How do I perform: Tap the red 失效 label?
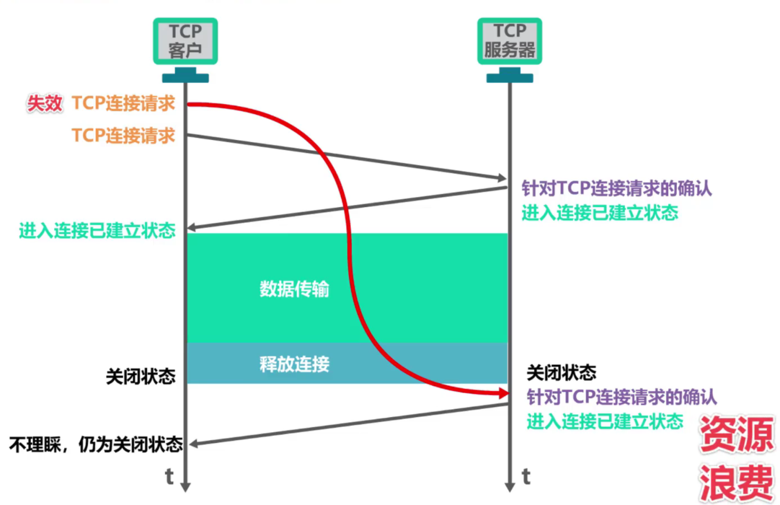(45, 104)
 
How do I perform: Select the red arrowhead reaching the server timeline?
(504, 394)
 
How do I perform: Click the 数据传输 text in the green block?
(294, 289)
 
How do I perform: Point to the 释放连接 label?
(294, 364)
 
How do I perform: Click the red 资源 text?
(736, 434)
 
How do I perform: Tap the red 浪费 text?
(736, 482)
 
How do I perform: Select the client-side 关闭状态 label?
(141, 376)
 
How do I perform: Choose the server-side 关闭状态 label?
(561, 373)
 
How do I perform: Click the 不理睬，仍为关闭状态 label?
(96, 444)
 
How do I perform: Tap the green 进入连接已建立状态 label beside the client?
(97, 230)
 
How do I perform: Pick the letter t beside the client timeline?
(169, 476)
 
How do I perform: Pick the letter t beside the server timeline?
(526, 476)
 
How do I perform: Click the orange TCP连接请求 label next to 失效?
(123, 103)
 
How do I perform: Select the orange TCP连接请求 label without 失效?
(123, 135)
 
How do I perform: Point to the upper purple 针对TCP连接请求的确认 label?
(616, 188)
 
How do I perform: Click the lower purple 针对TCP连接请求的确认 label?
(621, 397)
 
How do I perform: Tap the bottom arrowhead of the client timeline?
(185, 487)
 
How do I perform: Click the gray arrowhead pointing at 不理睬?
(193, 443)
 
